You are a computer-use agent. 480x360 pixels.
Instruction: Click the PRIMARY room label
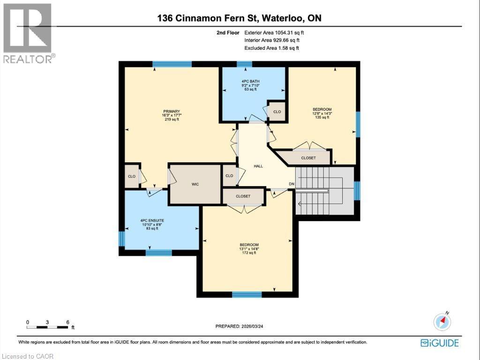coord(171,111)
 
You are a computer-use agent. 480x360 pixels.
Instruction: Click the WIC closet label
coord(195,184)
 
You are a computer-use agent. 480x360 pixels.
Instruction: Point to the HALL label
coord(258,166)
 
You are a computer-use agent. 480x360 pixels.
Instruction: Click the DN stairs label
coord(292,184)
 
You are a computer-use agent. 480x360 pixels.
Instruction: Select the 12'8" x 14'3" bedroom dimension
coord(322,113)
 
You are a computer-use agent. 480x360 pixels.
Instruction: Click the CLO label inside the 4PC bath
coord(277,112)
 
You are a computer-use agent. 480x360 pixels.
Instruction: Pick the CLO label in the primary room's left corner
coord(132,176)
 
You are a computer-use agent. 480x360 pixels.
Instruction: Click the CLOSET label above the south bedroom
coord(243,196)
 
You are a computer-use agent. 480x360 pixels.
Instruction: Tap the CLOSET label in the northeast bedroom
coord(308,158)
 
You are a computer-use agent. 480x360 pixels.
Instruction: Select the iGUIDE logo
coord(440,343)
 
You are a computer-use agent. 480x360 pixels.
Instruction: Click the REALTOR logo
coord(28,33)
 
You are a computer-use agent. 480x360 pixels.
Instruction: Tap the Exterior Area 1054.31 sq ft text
coord(277,33)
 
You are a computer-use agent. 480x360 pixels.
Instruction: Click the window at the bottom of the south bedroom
coord(247,294)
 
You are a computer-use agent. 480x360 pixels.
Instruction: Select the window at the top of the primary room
coord(172,64)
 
